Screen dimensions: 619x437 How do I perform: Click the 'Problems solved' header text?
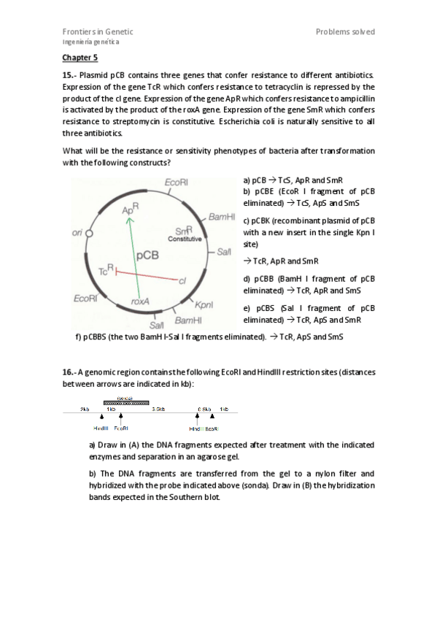point(345,31)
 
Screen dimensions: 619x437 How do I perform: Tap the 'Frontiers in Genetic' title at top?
point(98,31)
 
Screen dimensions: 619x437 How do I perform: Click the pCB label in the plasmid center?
point(148,255)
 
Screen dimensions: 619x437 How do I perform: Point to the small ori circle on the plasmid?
point(90,234)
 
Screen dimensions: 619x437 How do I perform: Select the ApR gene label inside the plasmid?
point(130,210)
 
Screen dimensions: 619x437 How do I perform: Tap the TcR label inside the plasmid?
point(107,271)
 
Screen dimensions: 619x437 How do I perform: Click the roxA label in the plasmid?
point(140,301)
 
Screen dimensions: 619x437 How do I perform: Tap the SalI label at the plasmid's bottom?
point(157,325)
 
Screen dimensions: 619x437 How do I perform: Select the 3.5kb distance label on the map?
point(157,410)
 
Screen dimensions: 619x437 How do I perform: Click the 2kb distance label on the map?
point(85,410)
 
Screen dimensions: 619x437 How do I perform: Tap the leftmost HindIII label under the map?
point(101,428)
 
